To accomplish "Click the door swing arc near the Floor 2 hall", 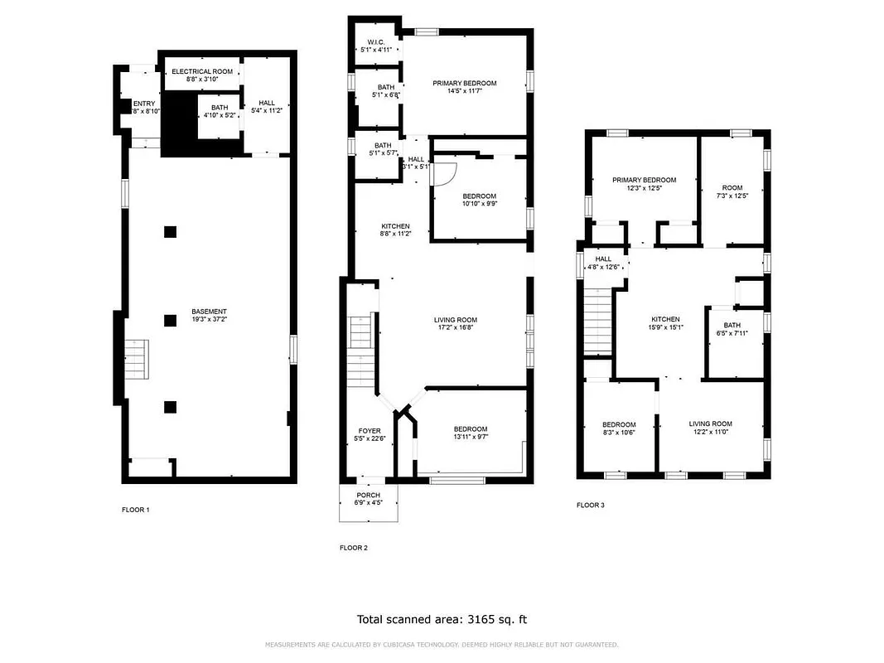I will click(446, 172).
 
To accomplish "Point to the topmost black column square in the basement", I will click(170, 232).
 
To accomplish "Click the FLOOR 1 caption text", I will click(135, 510).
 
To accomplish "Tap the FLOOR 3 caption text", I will click(591, 505).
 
